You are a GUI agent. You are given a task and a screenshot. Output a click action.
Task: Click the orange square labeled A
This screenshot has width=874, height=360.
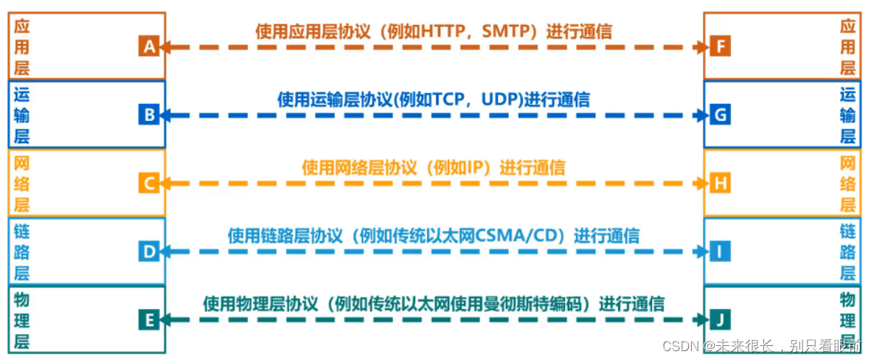148,47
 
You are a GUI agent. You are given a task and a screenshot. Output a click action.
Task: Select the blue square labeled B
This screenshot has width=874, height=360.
148,115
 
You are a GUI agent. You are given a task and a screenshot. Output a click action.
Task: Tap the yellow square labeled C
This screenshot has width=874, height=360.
148,183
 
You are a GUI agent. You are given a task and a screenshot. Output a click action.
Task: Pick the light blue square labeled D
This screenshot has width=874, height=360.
148,252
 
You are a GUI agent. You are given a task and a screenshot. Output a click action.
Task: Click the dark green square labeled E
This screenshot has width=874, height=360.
148,319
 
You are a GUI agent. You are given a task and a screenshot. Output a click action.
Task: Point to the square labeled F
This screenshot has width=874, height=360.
721,47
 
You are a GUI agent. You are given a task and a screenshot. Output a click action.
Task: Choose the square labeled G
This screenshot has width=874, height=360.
721,115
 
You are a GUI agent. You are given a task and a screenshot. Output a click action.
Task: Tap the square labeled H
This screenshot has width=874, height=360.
721,183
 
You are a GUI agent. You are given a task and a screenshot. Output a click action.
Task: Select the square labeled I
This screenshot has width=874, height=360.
721,252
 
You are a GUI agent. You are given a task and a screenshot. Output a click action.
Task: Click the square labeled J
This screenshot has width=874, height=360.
721,319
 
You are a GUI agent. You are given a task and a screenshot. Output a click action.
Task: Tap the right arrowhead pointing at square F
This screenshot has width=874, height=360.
704,47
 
